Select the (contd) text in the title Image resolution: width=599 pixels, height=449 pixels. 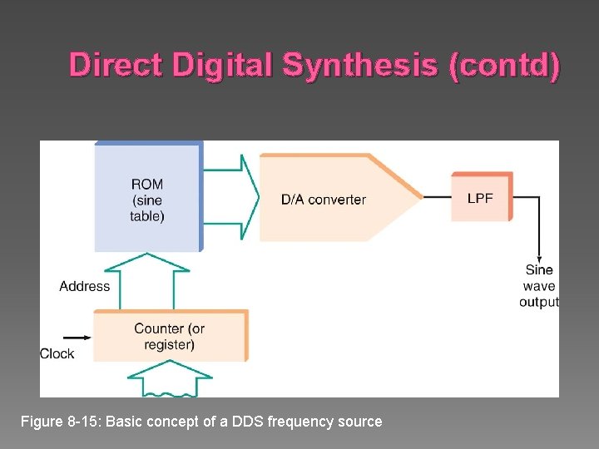[504, 65]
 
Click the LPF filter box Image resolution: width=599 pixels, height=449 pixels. [481, 198]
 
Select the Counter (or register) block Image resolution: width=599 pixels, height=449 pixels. [170, 336]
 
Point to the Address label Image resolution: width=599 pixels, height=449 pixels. [84, 286]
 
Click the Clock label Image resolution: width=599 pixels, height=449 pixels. [57, 353]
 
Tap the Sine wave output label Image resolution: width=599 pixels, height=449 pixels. [539, 286]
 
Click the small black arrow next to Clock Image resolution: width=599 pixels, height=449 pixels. [77, 338]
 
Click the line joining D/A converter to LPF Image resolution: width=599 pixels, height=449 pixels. [437, 197]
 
